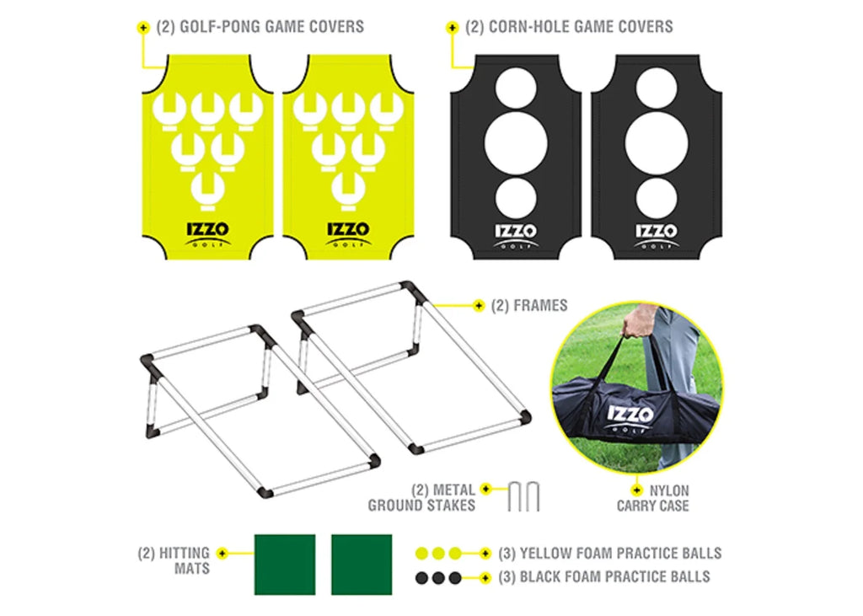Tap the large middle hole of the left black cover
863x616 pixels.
pyautogui.click(x=516, y=144)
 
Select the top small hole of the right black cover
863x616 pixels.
pyautogui.click(x=656, y=88)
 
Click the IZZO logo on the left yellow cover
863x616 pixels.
pyautogui.click(x=207, y=233)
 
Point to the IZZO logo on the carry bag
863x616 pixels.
pyautogui.click(x=630, y=418)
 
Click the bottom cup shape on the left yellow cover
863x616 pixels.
pyautogui.click(x=207, y=190)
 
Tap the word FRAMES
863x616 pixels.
pyautogui.click(x=540, y=306)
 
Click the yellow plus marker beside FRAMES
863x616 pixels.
pyautogui.click(x=479, y=306)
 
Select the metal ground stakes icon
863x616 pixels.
pyautogui.click(x=523, y=497)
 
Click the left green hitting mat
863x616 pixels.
pyautogui.click(x=285, y=565)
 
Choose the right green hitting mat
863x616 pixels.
pyautogui.click(x=362, y=565)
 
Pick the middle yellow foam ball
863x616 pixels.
pyautogui.click(x=438, y=554)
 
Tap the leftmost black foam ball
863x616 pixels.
pyautogui.click(x=421, y=577)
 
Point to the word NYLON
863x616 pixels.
pyautogui.click(x=668, y=490)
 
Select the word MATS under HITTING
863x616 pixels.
pyautogui.click(x=192, y=568)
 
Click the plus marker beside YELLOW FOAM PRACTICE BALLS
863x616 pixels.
pyautogui.click(x=485, y=554)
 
